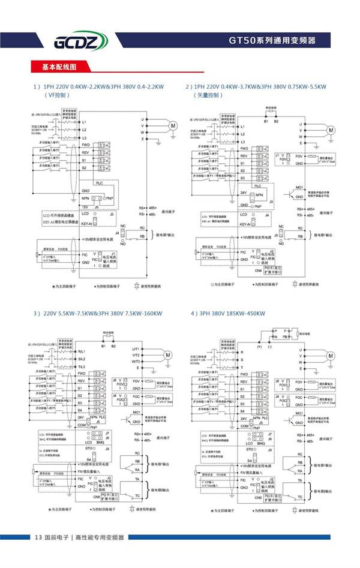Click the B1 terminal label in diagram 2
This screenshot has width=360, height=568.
pos(266,122)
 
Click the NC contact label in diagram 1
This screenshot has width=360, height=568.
pos(123,228)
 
